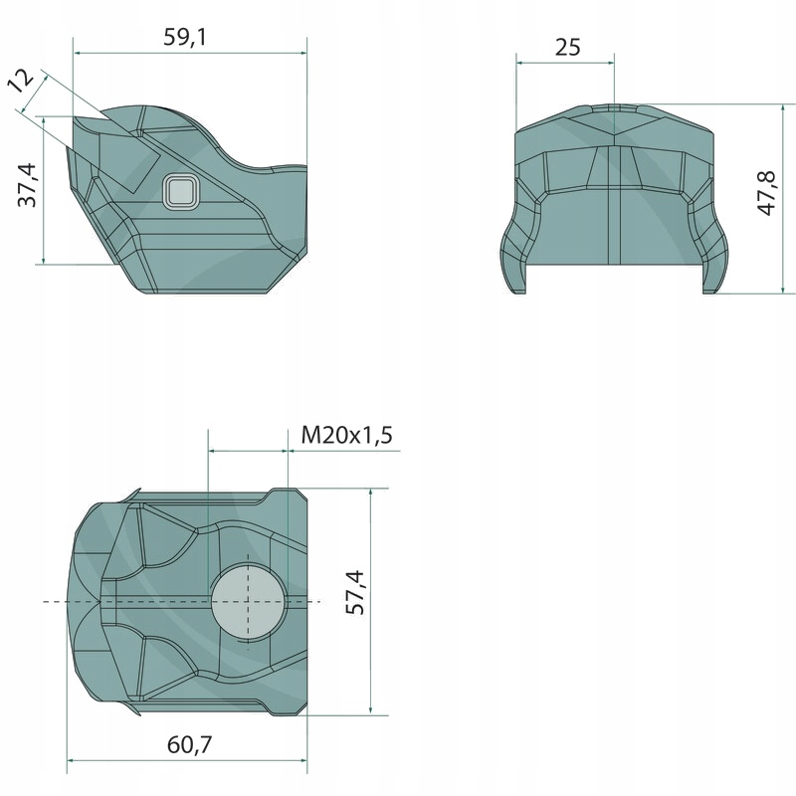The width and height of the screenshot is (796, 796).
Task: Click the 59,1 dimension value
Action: pos(185,37)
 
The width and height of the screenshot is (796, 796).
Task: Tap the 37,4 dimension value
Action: pos(28,185)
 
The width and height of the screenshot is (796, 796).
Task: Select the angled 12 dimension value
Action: pos(20,81)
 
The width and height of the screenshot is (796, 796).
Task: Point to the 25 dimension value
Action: pos(567,47)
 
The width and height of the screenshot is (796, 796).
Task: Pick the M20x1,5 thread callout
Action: pos(346,435)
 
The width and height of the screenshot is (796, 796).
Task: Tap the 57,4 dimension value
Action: pos(355,592)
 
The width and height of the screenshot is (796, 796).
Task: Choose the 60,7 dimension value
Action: pos(189,744)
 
